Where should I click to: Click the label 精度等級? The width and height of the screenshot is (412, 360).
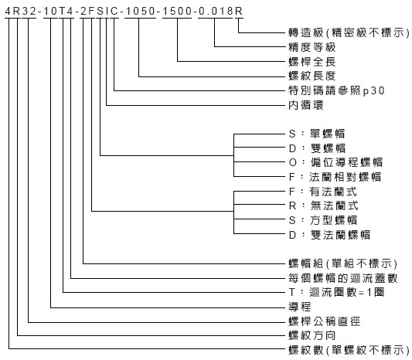point(312,47)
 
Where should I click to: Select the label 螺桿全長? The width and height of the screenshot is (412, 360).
point(312,62)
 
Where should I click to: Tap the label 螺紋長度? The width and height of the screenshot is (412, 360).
point(312,76)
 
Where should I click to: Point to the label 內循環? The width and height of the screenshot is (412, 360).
point(306,105)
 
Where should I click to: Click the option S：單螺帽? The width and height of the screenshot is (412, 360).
point(317,134)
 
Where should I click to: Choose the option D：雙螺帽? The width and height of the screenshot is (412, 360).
point(317,148)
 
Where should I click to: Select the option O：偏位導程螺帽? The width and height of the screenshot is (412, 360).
point(335,162)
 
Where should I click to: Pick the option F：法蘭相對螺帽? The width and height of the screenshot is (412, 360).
point(335,177)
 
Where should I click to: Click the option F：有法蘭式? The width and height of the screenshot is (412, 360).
point(323,192)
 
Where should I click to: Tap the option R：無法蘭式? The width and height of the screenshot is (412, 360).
point(323,205)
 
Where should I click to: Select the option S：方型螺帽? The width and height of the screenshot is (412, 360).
point(323,220)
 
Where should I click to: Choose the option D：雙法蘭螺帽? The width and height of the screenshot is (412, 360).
point(329,235)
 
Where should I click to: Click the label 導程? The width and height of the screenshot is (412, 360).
point(300,307)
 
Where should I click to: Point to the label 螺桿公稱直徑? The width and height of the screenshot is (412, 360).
point(324,321)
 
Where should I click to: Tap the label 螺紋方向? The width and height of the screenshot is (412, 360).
point(312,335)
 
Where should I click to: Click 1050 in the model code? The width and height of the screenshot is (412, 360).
point(141,11)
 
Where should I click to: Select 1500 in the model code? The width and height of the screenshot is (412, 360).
point(177,11)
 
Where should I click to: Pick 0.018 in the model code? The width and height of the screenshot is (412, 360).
point(216,11)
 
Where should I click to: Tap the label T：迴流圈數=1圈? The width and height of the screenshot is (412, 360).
point(336,292)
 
